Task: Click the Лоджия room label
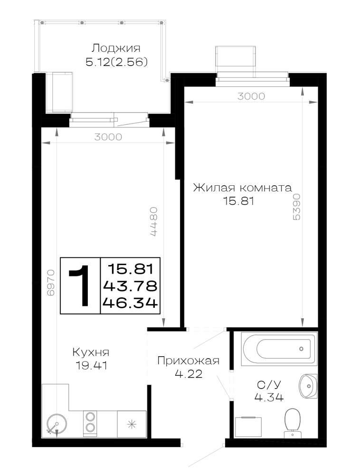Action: point(116,48)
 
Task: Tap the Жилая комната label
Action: point(243,188)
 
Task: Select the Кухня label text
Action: point(91,352)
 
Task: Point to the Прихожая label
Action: point(189,361)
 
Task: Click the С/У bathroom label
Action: point(269,384)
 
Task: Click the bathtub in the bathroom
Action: point(279,349)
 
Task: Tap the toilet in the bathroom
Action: point(293,423)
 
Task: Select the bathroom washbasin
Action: point(308,386)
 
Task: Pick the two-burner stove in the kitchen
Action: point(90,423)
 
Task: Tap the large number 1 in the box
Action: point(79,285)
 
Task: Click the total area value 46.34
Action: point(131,302)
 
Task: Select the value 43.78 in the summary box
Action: point(131,285)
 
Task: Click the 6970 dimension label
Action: point(51,282)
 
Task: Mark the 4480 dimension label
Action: point(153,221)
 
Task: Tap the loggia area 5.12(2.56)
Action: point(116,62)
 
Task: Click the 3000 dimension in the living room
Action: point(251,96)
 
